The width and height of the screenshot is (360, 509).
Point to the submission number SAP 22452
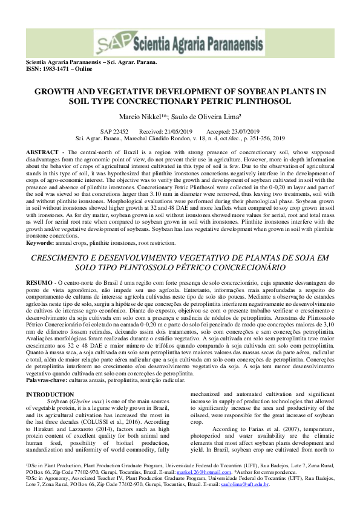pos(114,131)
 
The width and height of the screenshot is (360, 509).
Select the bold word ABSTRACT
pos(43,150)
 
